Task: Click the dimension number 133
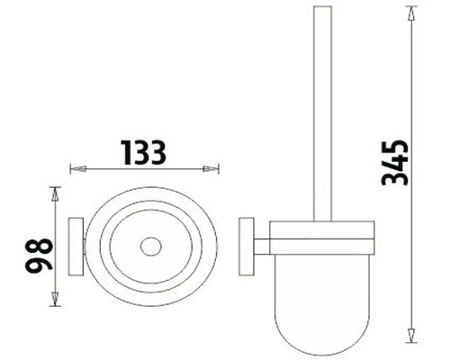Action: [x=144, y=153]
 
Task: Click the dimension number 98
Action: [x=39, y=256]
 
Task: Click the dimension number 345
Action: [x=394, y=163]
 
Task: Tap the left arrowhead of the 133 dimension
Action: [x=78, y=169]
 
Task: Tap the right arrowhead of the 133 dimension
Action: [x=211, y=169]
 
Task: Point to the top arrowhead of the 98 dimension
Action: [x=55, y=194]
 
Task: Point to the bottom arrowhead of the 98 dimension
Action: [x=55, y=299]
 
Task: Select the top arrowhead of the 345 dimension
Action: [x=411, y=13]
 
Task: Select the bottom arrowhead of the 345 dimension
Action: [x=411, y=335]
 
